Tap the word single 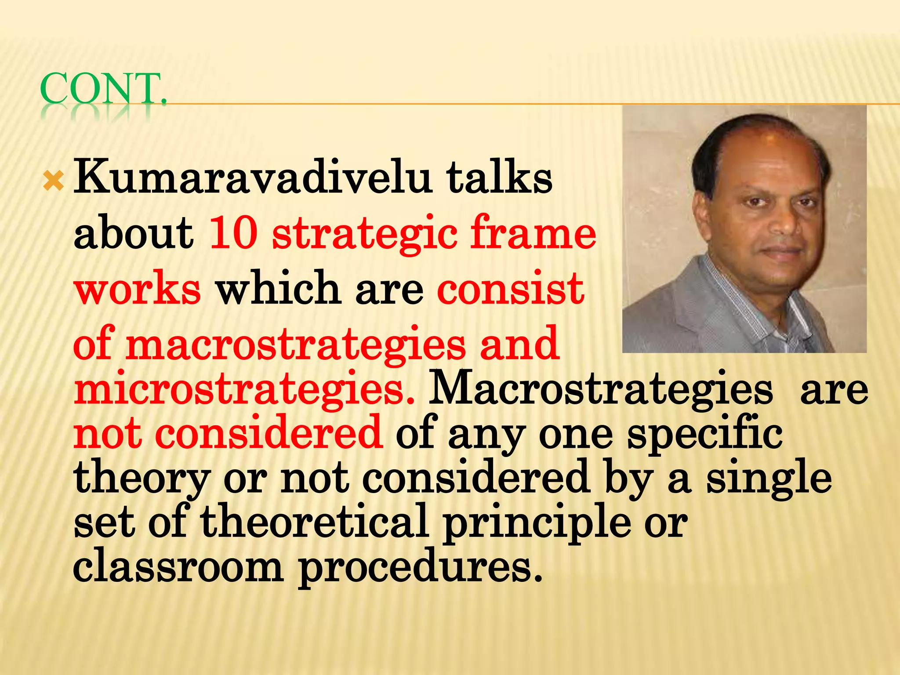pyautogui.click(x=769, y=479)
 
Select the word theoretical pyautogui.click(x=315, y=521)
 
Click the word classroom pyautogui.click(x=178, y=567)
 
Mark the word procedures pyautogui.click(x=420, y=569)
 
